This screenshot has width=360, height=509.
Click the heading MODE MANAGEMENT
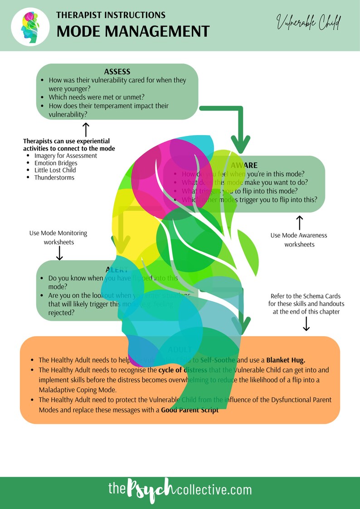click(132, 31)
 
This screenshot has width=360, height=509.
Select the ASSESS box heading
click(117, 72)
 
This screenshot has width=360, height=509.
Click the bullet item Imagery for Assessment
click(66, 155)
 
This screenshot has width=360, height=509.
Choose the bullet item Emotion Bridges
click(56, 163)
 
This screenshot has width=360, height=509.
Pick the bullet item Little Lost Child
click(55, 170)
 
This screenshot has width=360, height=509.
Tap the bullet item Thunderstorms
click(54, 177)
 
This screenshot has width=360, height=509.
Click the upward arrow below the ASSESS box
click(85, 127)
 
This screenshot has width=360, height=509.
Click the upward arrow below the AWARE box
click(299, 223)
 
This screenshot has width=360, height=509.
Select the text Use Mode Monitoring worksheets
click(58, 238)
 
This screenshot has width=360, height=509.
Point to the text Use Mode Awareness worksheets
click(299, 240)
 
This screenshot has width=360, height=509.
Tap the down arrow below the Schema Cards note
click(306, 323)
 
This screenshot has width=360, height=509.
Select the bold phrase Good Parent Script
click(190, 410)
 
